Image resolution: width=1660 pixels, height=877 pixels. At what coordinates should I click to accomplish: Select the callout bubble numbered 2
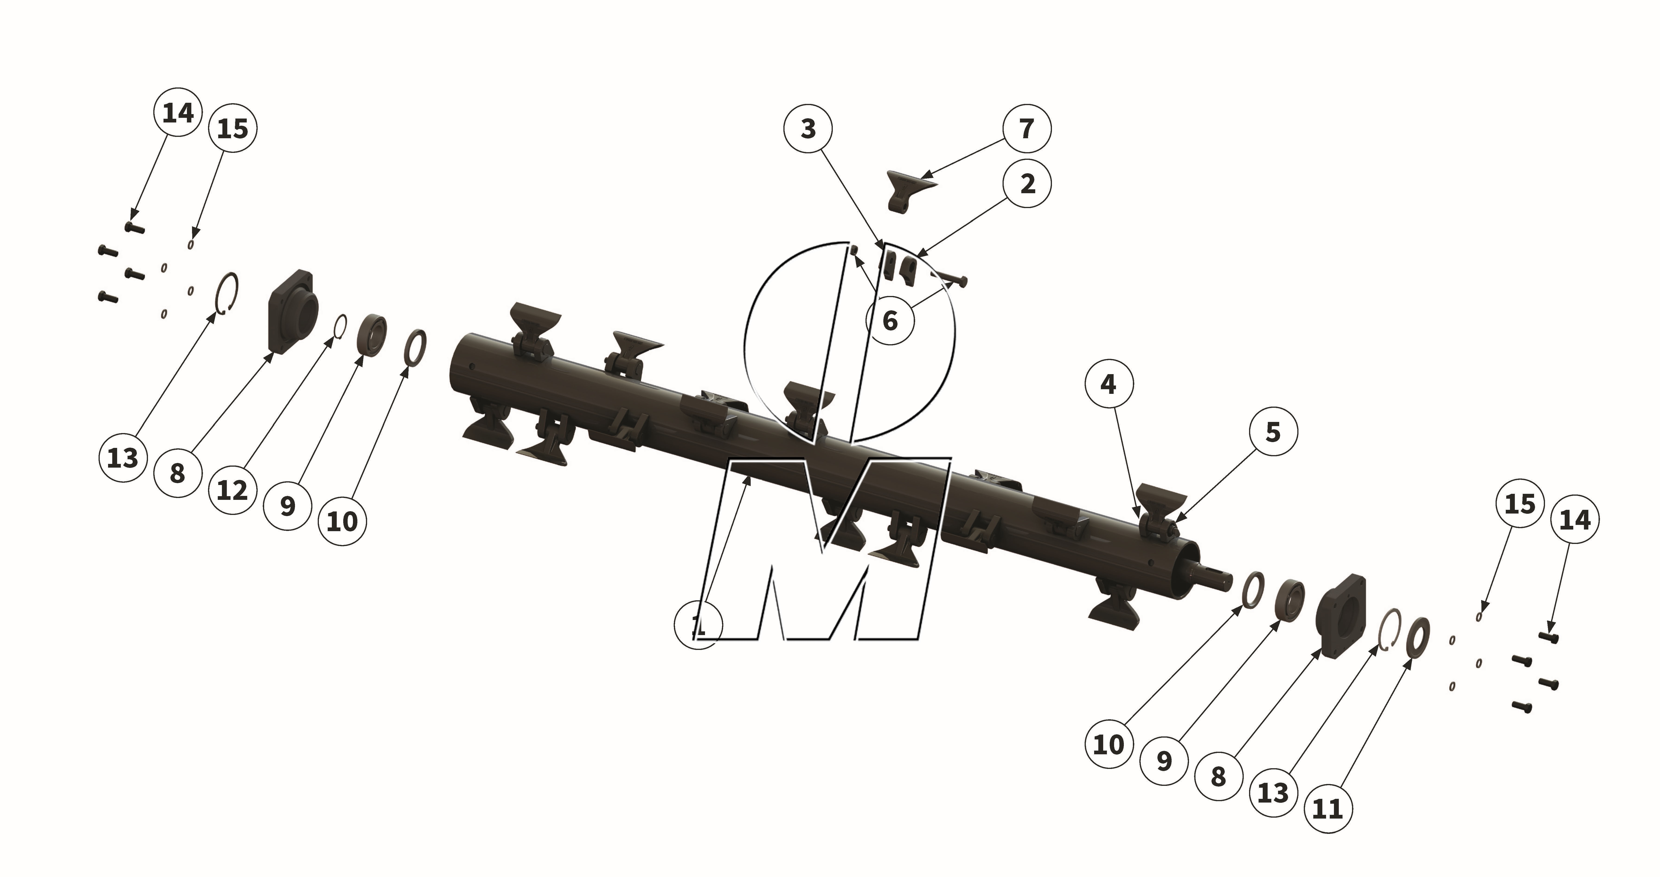tap(1028, 184)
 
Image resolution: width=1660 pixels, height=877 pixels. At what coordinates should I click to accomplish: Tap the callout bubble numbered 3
tap(808, 129)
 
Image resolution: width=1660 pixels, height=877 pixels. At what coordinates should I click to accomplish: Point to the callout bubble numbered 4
tap(1108, 385)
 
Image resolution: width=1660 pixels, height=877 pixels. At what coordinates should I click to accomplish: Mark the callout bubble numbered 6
tap(890, 320)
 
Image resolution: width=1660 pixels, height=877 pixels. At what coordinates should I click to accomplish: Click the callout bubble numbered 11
tap(1327, 808)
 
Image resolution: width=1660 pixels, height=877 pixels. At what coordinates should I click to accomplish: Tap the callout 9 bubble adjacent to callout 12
tap(287, 506)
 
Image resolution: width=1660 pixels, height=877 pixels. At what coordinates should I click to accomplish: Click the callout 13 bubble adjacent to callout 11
tap(1273, 793)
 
